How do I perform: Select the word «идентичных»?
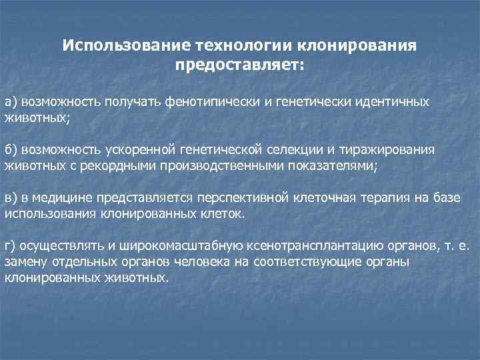(394, 102)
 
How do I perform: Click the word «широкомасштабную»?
(149, 245)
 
